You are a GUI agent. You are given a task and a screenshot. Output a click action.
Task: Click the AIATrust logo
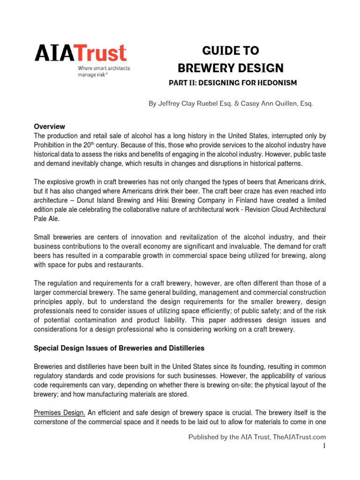[x=81, y=53]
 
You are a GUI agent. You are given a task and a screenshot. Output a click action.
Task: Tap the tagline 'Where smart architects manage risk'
[x=104, y=71]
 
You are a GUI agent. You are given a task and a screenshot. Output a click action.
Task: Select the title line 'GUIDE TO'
[x=230, y=51]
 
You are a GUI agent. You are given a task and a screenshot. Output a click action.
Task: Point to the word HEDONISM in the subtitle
[x=276, y=83]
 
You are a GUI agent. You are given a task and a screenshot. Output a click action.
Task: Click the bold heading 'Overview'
[x=49, y=127]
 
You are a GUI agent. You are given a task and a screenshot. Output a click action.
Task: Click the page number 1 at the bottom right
[x=323, y=445]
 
